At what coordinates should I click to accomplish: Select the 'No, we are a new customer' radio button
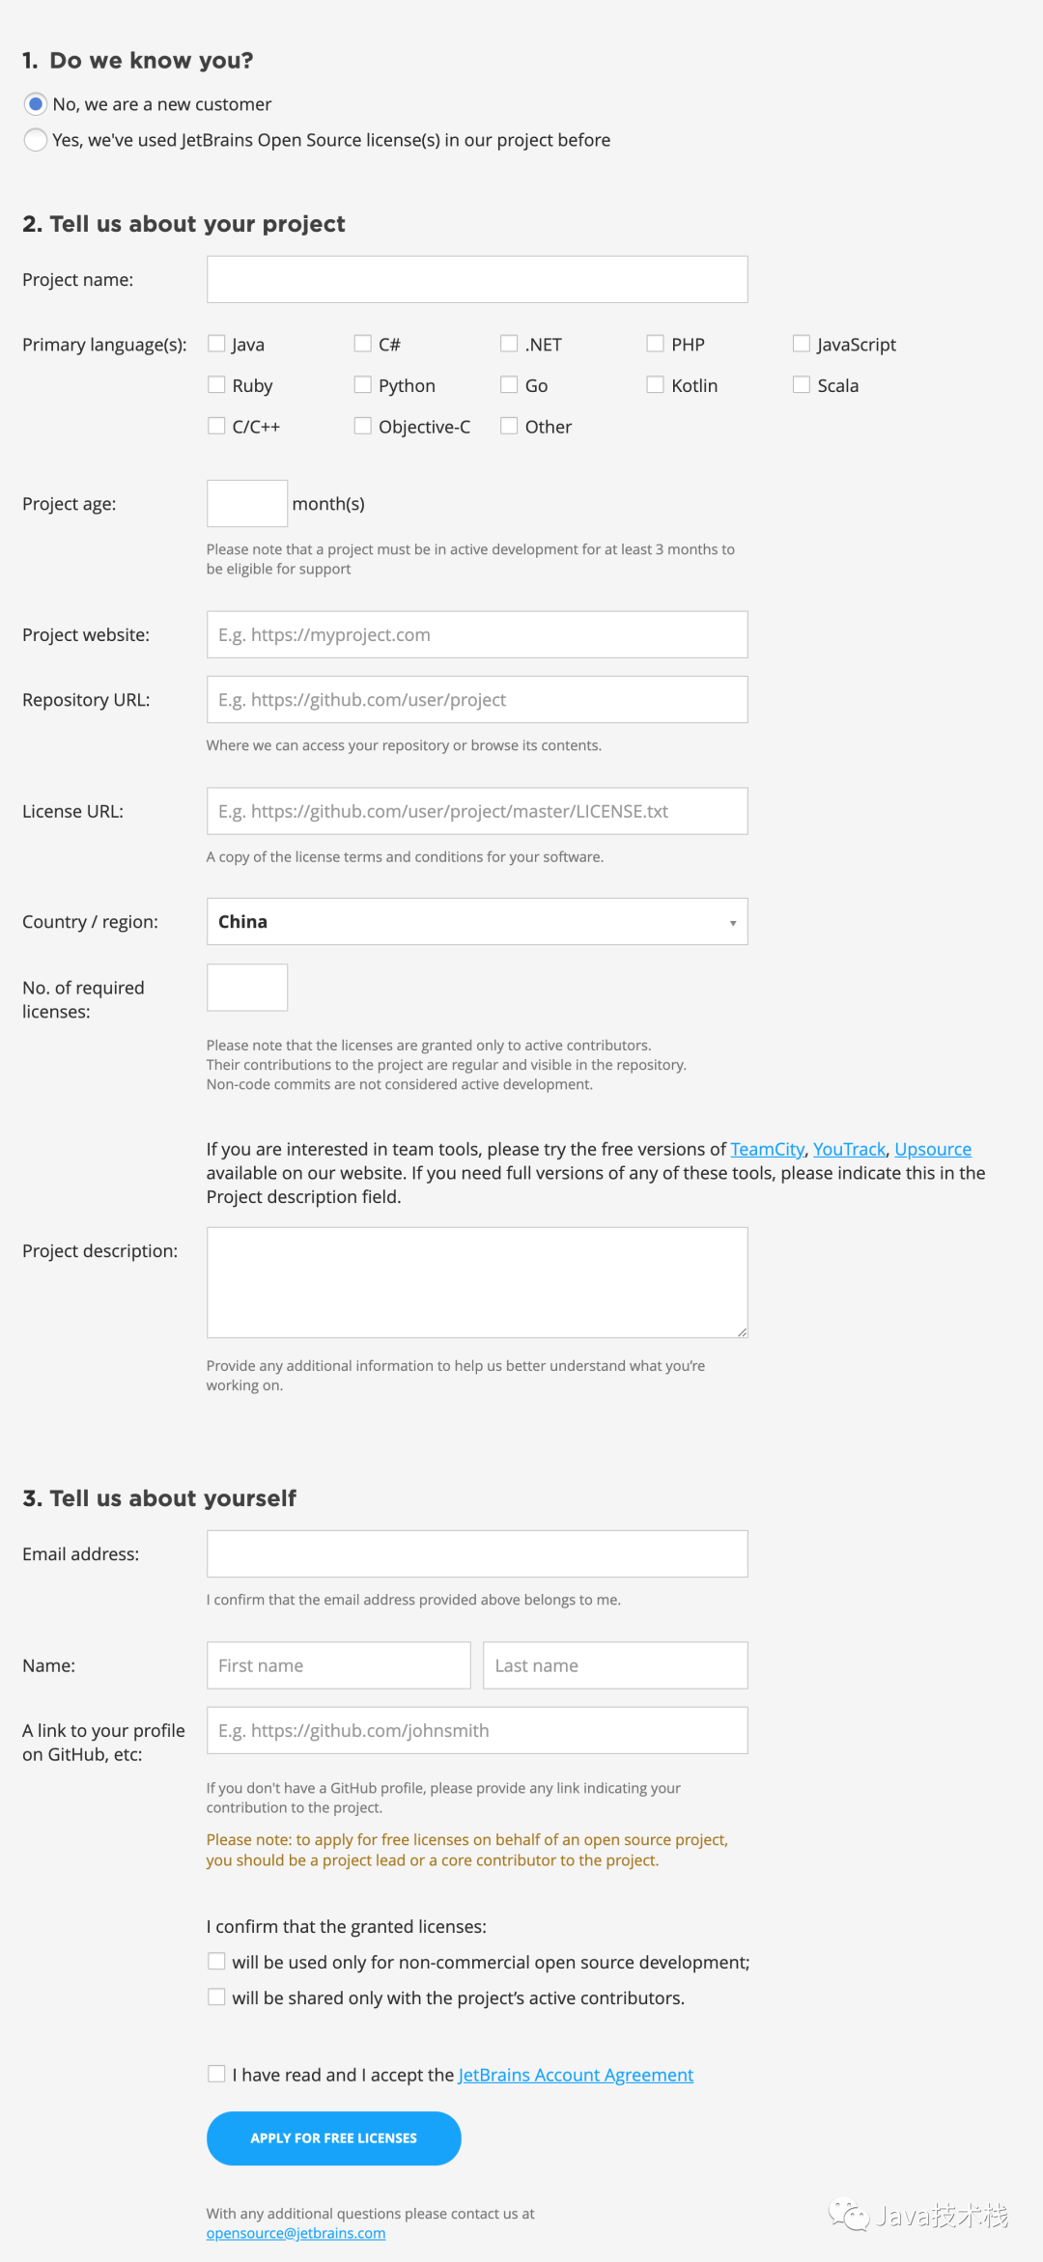(36, 103)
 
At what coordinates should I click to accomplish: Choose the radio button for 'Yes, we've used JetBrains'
(36, 140)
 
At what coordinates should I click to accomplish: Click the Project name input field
(477, 279)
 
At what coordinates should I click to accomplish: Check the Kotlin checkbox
(655, 385)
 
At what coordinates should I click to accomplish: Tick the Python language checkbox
(363, 385)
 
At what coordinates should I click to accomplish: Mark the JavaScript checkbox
(802, 344)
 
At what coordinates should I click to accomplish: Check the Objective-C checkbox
(363, 426)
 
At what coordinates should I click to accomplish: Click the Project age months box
(247, 503)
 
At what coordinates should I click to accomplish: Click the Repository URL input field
(477, 699)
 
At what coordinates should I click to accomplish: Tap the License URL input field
(477, 811)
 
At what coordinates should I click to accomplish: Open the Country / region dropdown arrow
(733, 923)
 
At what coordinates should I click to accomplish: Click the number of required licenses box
(247, 988)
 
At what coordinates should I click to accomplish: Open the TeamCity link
(767, 1149)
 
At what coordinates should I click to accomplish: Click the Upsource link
(932, 1149)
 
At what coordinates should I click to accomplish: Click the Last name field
(615, 1665)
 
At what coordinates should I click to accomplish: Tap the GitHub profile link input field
(477, 1730)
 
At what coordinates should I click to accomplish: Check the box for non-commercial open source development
(216, 1962)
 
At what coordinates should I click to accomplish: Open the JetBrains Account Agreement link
(576, 2075)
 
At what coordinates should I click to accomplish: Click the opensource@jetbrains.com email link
(296, 2233)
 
